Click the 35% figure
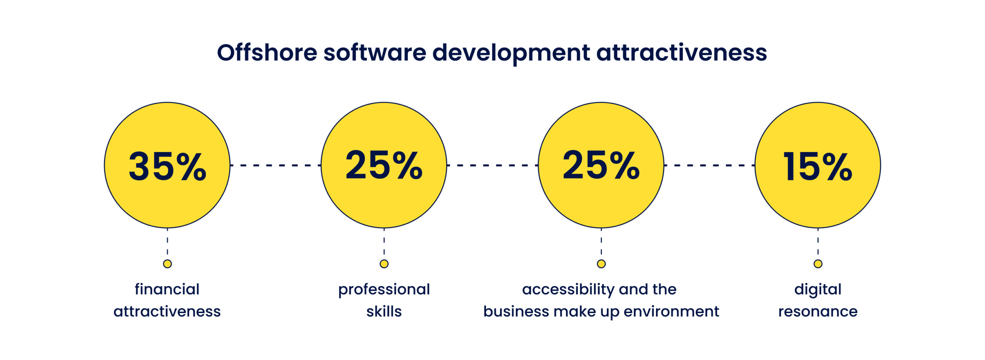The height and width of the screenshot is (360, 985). [167, 166]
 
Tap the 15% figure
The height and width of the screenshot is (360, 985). [818, 166]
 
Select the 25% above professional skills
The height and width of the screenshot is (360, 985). [384, 165]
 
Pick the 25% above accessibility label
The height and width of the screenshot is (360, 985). [601, 165]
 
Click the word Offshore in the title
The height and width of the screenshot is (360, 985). [267, 52]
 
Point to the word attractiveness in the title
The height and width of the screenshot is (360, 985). [681, 52]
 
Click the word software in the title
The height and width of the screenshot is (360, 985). [375, 52]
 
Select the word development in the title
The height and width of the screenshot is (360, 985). [511, 53]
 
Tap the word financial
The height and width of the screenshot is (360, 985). [167, 289]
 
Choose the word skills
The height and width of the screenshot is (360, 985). [384, 312]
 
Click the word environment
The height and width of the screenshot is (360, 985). [671, 312]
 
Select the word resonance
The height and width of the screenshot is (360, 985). [818, 312]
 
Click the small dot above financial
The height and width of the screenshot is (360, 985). [167, 264]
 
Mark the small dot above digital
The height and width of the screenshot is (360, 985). [818, 264]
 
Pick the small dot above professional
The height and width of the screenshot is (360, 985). [384, 264]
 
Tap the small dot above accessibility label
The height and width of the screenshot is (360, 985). [601, 264]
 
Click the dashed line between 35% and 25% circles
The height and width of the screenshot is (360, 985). [275, 165]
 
